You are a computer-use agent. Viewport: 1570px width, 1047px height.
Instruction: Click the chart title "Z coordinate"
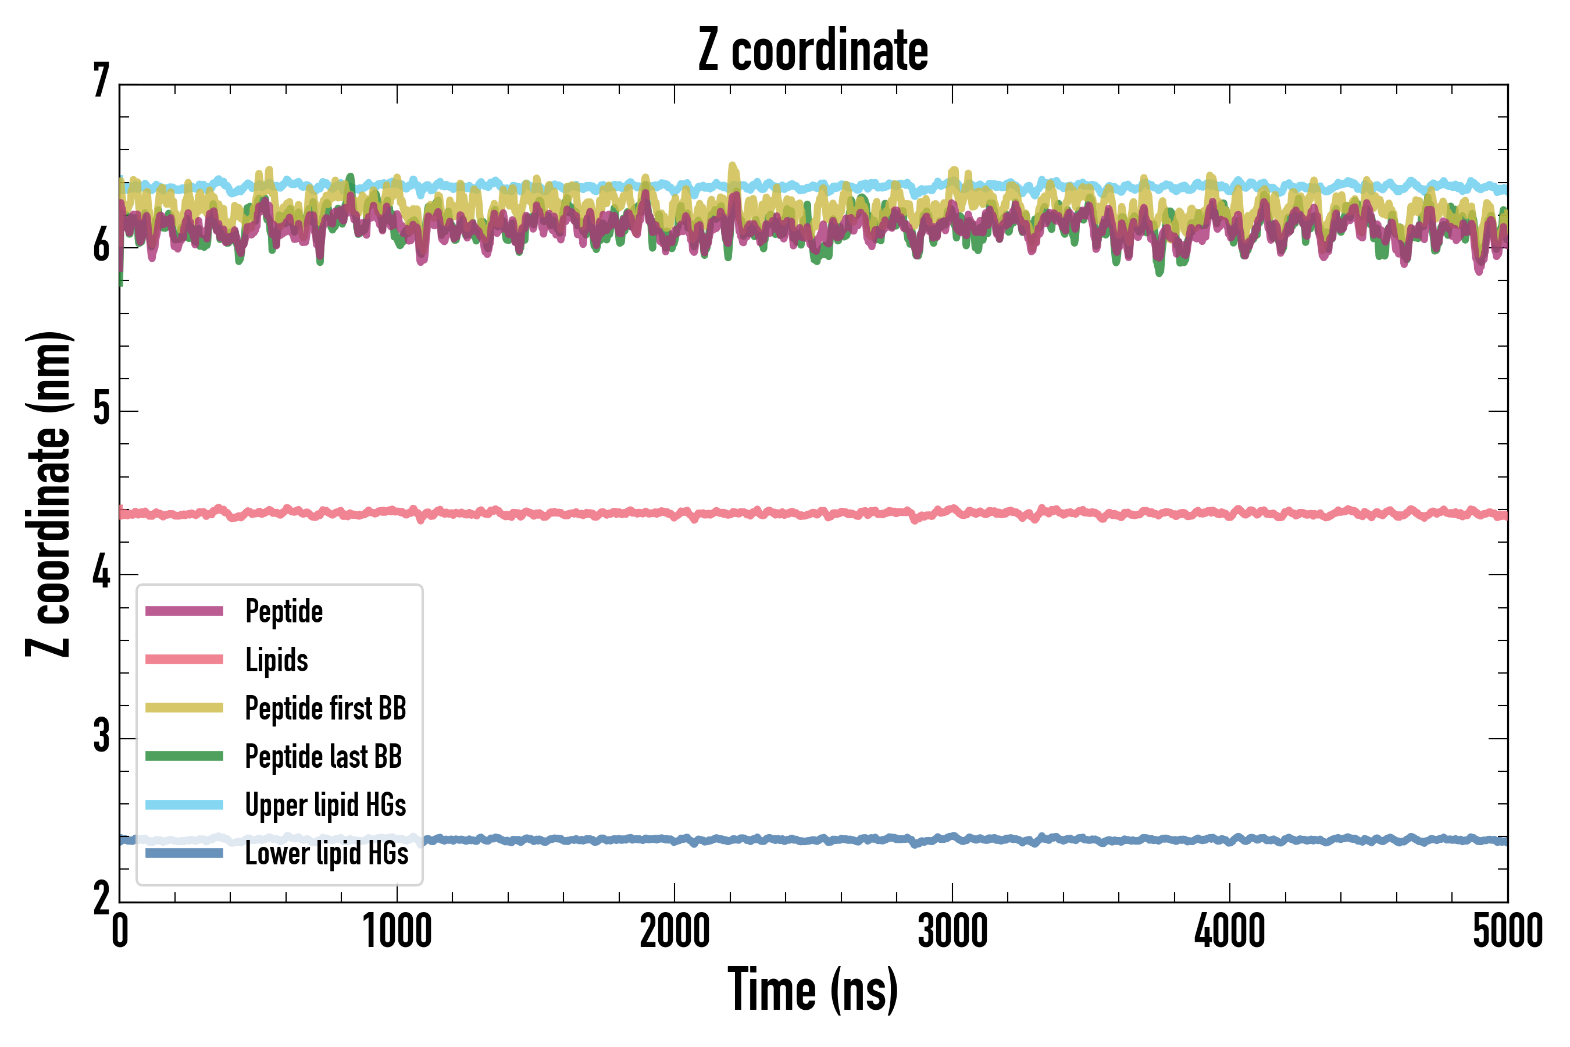tap(812, 50)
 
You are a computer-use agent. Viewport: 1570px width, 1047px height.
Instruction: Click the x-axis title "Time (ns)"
tap(812, 989)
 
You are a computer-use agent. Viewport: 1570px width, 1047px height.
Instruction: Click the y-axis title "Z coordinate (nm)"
tap(48, 494)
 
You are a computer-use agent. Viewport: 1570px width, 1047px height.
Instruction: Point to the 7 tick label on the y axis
tap(101, 81)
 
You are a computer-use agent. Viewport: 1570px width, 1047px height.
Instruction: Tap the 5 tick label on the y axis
tap(101, 409)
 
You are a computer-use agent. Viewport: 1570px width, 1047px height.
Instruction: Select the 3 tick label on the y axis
tap(101, 736)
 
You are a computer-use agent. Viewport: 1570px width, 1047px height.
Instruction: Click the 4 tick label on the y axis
tap(101, 573)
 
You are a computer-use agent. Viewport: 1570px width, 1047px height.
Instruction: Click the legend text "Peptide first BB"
tap(326, 708)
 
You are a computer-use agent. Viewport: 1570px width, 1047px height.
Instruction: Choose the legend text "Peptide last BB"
tap(323, 757)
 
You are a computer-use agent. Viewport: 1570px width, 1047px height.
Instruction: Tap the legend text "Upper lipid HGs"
tap(326, 804)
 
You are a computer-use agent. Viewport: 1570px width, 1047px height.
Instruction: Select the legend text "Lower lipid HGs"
tap(326, 853)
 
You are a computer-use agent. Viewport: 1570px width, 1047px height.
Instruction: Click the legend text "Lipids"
tap(276, 660)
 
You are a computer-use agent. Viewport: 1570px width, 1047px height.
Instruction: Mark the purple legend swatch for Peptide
tap(184, 611)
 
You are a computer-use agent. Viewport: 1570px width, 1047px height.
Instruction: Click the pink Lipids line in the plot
tap(801, 514)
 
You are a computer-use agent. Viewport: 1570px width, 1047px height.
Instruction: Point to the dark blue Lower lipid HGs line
tap(801, 839)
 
